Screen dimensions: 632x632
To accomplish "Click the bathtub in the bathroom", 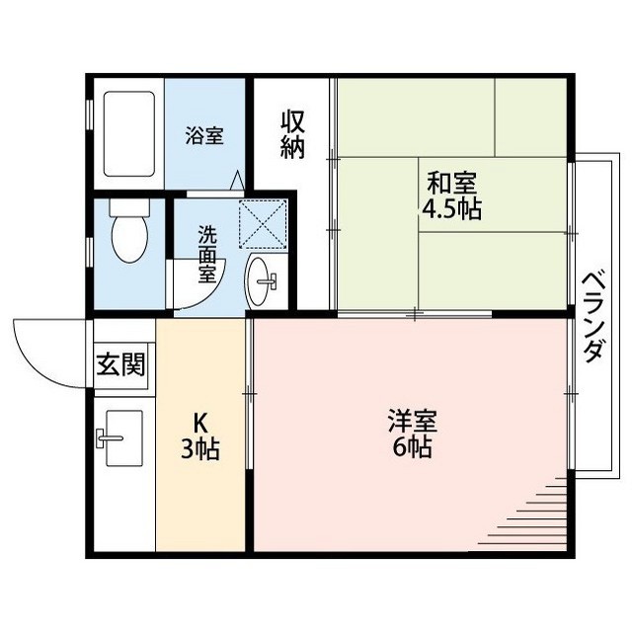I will pyautogui.click(x=128, y=135).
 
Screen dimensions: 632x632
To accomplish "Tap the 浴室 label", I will pyautogui.click(x=204, y=136).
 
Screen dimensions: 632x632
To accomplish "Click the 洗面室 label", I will pyautogui.click(x=207, y=255).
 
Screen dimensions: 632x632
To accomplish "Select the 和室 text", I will pyautogui.click(x=452, y=184).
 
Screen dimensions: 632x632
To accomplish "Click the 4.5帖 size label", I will pyautogui.click(x=452, y=209).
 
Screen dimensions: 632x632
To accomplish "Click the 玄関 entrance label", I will pyautogui.click(x=120, y=365).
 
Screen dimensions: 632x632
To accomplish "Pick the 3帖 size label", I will pyautogui.click(x=199, y=450).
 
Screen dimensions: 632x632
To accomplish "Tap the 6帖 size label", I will pyautogui.click(x=412, y=448).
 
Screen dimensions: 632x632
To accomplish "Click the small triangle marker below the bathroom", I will pyautogui.click(x=236, y=182).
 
